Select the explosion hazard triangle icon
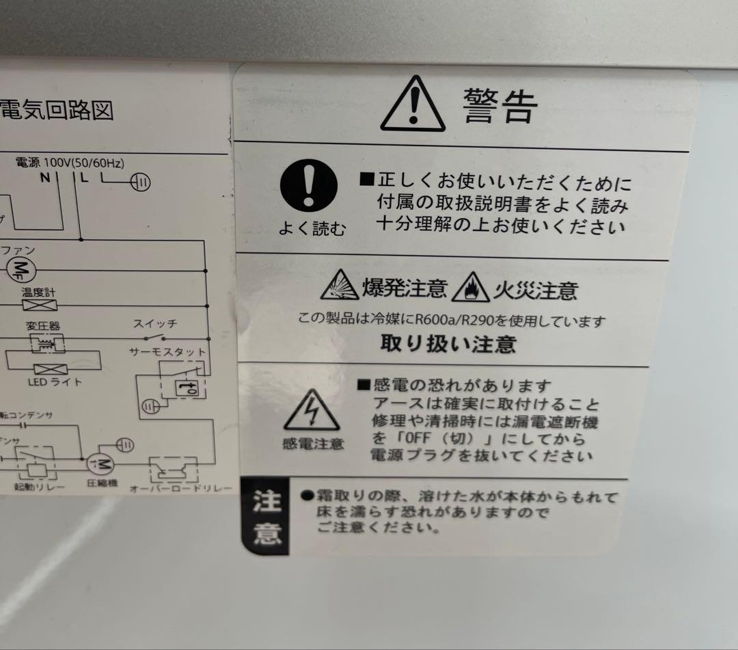coord(340,285)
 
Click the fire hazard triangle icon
coord(470,288)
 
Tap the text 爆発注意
coord(405,289)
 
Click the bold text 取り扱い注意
coord(448,343)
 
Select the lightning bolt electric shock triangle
coord(312,411)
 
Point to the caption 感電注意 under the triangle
coord(312,444)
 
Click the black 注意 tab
coord(266,517)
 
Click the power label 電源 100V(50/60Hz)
coord(70,163)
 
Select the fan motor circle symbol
coord(20,267)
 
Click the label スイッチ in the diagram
coord(155,324)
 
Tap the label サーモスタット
coord(167,351)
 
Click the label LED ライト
coord(55,382)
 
